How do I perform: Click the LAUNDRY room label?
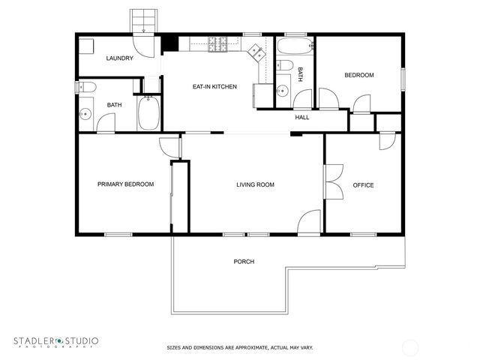coord(120,58)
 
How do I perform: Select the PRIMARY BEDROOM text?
coord(126,184)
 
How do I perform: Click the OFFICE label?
coord(364,185)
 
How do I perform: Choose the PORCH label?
coord(244,262)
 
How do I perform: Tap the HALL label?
coord(302,118)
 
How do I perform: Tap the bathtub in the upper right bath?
coord(292,48)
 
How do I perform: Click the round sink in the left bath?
coord(85,115)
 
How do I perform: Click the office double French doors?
coord(331,181)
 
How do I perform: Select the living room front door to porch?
coord(309,223)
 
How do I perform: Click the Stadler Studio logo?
coord(56,342)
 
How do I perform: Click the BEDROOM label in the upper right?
coord(359,76)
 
